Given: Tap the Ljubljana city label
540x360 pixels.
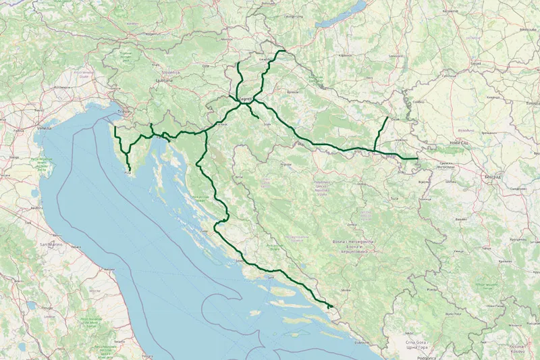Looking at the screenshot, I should pos(161,80).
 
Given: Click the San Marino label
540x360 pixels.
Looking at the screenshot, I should pos(51,243).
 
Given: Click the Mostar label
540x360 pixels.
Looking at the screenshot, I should pos(346,290).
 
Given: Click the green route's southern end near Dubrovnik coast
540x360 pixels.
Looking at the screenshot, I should pos(330,307).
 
